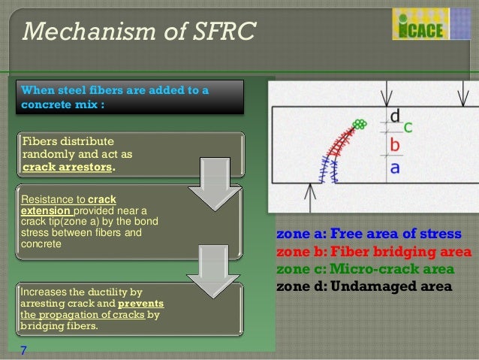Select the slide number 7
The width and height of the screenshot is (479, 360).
coord(23,349)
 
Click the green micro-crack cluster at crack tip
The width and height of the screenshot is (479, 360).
coord(360,123)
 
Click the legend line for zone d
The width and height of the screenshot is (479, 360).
coord(364,286)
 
